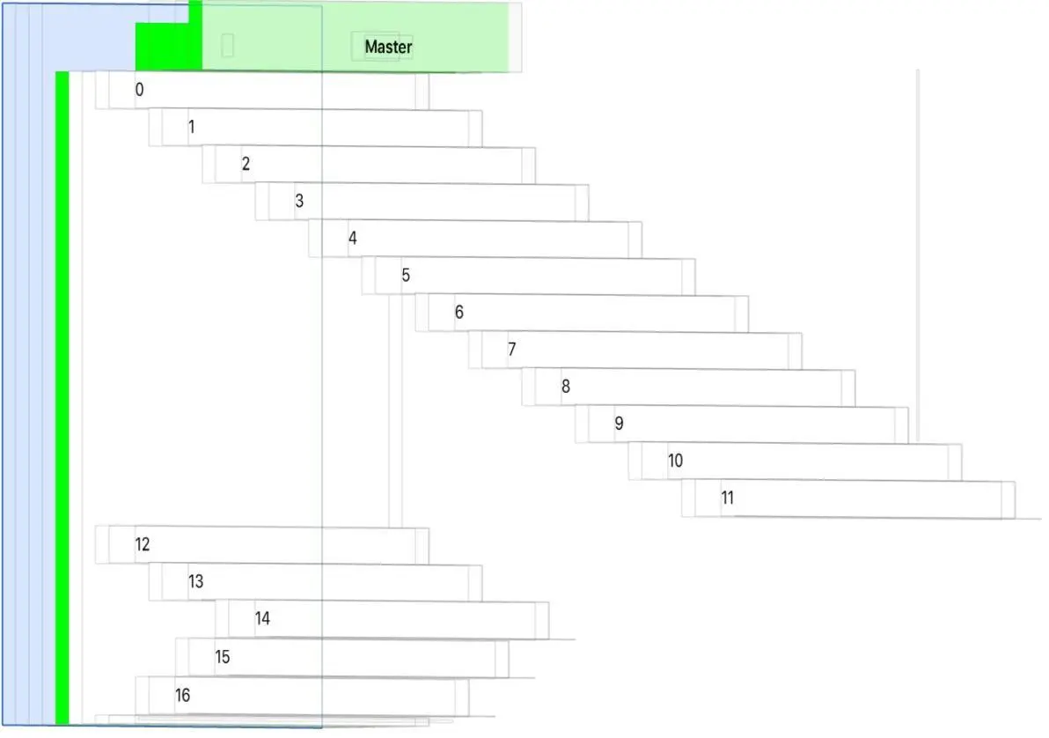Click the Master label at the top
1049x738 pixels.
point(388,47)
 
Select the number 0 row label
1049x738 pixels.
point(139,89)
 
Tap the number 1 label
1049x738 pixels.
point(192,127)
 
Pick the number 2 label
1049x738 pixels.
point(246,164)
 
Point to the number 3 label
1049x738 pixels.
point(299,201)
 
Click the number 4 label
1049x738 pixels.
point(352,238)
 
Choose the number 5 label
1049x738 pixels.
point(406,275)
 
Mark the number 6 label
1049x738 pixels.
point(458,312)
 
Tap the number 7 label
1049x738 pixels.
point(511,349)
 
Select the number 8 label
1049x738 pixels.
point(565,386)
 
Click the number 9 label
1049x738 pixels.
point(619,424)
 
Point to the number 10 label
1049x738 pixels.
point(675,461)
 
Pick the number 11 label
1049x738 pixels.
point(728,498)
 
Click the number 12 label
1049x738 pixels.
point(143,544)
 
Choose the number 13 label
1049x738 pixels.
point(195,581)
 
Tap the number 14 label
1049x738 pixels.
point(262,618)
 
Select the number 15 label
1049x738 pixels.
point(223,657)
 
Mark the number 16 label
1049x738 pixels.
point(182,696)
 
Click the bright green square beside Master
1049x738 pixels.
point(168,46)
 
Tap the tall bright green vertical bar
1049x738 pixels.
point(62,396)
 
